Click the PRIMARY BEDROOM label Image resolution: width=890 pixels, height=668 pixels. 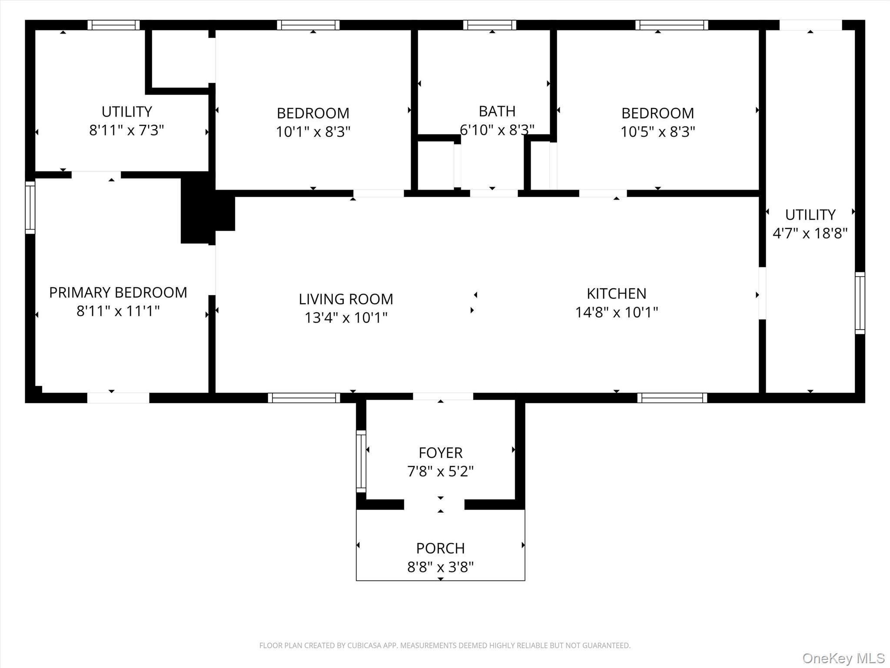pos(118,292)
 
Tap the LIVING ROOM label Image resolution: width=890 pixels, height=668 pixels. pos(345,299)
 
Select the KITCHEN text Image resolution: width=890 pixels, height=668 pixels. pos(616,294)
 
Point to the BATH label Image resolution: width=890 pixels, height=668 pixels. pos(497,111)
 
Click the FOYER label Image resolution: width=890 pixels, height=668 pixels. pos(440,453)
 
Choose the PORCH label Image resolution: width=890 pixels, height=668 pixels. pos(440,548)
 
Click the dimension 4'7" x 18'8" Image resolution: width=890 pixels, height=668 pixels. pos(810,234)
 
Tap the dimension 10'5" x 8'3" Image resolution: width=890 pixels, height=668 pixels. pos(658,132)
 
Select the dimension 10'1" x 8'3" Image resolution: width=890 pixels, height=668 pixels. pos(313,132)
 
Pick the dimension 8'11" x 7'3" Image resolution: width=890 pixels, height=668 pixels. pos(126,130)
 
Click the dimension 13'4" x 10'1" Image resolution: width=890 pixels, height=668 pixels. pos(345,318)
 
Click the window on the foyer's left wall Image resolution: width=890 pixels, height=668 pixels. pos(361,461)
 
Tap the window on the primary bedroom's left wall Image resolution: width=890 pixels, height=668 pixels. pos(30,207)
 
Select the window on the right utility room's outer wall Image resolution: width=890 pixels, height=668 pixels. pos(860,303)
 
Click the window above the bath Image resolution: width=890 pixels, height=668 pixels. pos(490,25)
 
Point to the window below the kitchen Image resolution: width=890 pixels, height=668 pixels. pos(672,397)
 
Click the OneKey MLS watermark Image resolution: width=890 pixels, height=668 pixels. pos(843,658)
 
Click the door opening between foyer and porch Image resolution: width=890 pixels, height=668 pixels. pos(434,504)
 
